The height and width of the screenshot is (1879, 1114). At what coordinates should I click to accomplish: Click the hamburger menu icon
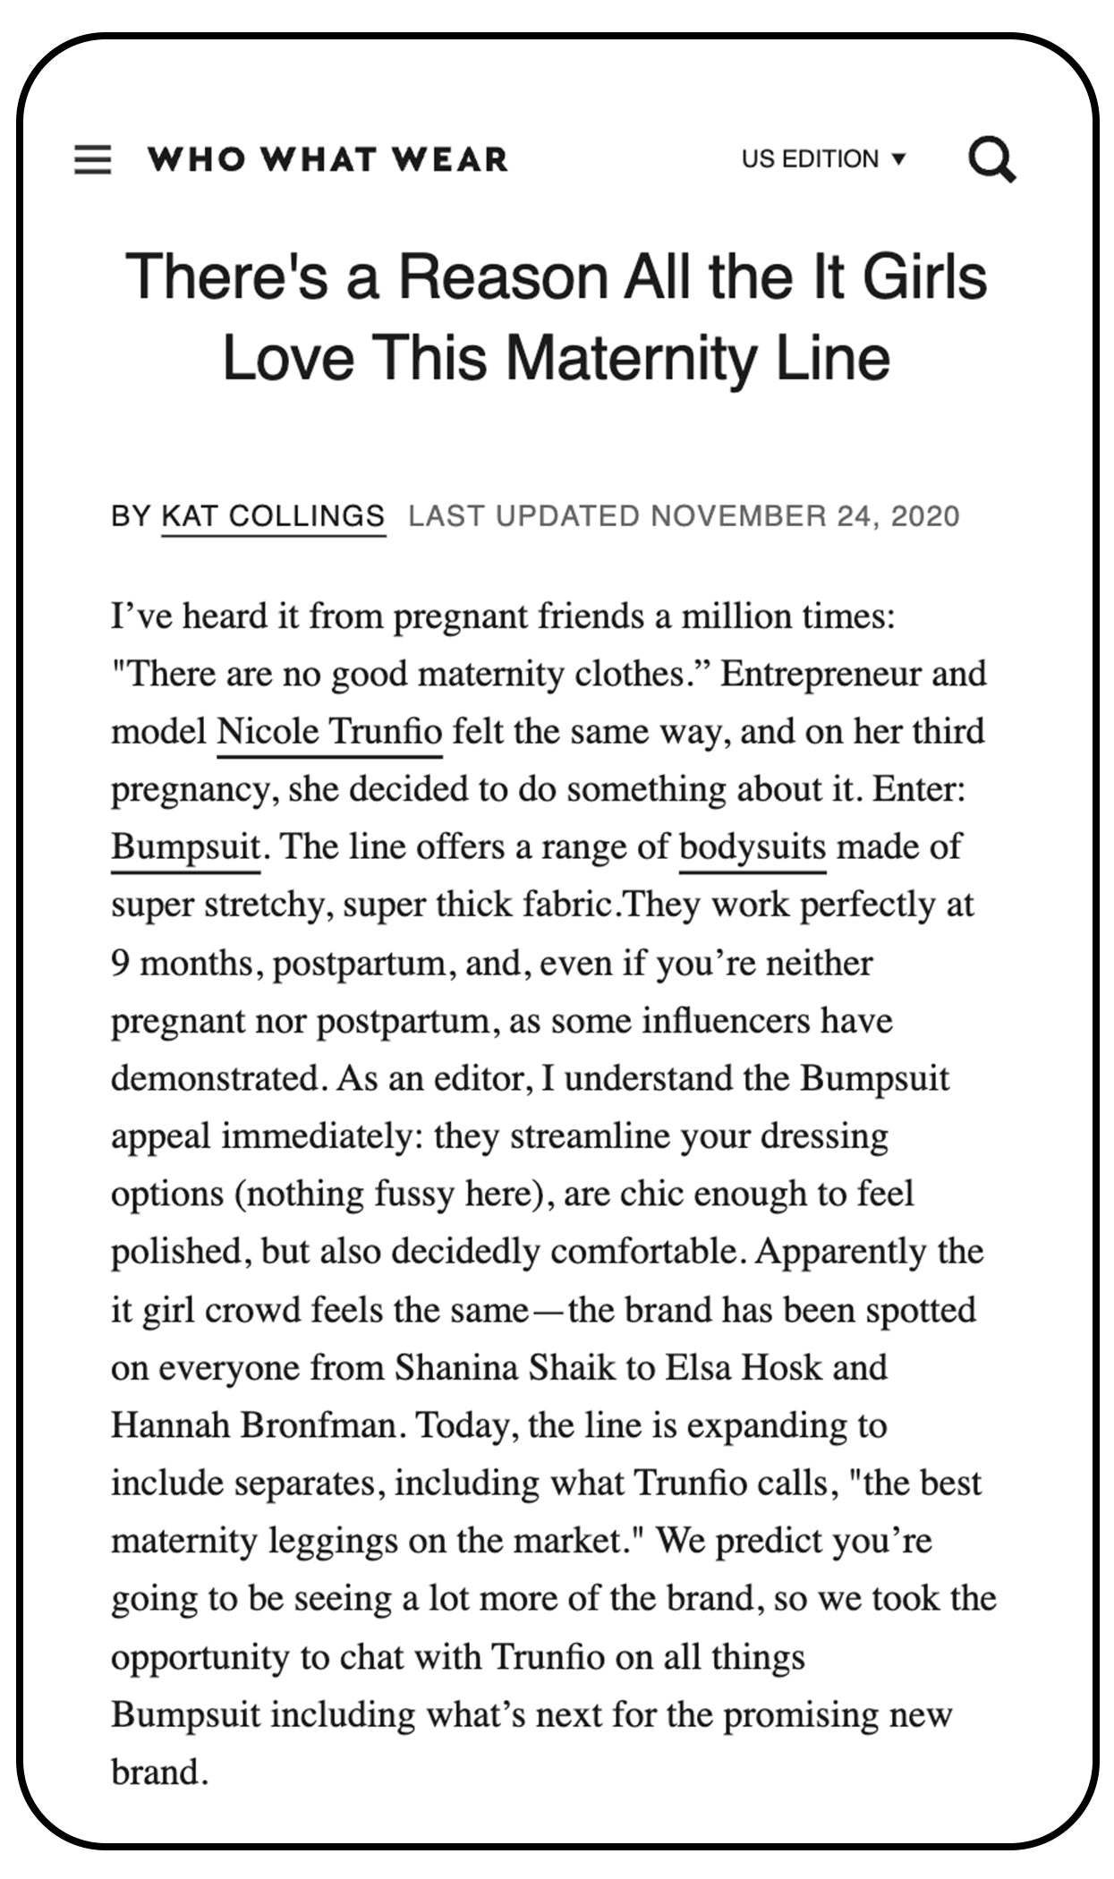[x=92, y=159]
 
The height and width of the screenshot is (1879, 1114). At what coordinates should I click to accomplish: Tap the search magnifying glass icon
[x=991, y=160]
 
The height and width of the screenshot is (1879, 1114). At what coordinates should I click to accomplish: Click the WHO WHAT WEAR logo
[x=327, y=159]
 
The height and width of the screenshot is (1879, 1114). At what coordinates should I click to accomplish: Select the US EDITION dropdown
[x=823, y=159]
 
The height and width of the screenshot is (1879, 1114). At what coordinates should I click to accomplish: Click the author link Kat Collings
[x=273, y=516]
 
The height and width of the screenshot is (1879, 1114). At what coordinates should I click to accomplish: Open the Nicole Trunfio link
[x=329, y=732]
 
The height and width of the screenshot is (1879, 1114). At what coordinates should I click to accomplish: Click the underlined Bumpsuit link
[x=185, y=846]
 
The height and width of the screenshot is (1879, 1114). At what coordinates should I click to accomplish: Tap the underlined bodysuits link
[x=752, y=846]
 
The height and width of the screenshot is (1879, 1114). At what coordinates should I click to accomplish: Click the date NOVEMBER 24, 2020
[x=804, y=516]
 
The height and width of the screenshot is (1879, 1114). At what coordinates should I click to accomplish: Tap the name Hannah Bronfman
[x=253, y=1425]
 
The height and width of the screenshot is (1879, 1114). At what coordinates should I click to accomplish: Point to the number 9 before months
[x=120, y=964]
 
